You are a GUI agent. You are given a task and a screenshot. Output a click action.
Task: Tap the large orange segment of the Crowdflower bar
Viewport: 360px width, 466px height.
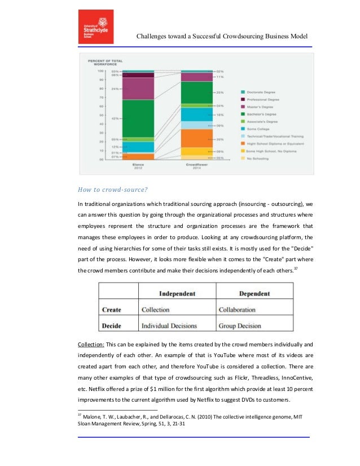click(196, 138)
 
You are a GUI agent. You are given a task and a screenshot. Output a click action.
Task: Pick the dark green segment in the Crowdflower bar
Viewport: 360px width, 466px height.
click(196, 93)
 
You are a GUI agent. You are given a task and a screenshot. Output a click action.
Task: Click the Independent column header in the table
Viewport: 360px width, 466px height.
click(177, 293)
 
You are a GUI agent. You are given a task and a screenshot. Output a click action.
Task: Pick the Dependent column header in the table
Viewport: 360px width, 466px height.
click(254, 293)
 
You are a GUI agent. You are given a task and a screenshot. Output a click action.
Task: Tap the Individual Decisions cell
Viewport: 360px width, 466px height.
click(169, 326)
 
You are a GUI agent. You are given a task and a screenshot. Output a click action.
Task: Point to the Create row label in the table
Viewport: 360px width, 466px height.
click(112, 310)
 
